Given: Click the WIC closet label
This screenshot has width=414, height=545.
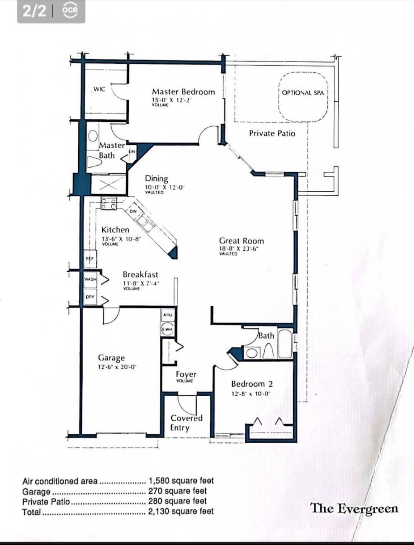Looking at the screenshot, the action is tap(99, 89).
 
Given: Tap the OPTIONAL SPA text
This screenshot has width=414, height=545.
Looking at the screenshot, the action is tap(303, 93).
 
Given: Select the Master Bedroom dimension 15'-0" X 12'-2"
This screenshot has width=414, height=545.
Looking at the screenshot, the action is tap(172, 100).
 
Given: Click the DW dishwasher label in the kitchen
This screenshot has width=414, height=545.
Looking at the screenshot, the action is tap(133, 211).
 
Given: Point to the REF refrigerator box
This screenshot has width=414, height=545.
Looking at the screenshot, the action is tap(90, 259).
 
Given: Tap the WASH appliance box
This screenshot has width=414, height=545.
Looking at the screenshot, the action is tap(90, 279).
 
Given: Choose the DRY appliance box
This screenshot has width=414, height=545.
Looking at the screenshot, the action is tap(90, 297).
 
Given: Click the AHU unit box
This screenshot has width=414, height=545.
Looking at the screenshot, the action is tap(167, 315).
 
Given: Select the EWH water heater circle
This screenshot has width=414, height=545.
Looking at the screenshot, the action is tap(167, 329).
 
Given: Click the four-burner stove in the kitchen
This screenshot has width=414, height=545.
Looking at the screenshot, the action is tap(108, 203).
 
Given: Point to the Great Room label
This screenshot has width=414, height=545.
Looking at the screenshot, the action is tap(242, 241).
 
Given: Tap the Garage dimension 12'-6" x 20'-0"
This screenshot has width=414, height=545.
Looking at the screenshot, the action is tap(118, 367).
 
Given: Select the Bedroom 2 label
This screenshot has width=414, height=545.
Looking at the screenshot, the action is tap(252, 384).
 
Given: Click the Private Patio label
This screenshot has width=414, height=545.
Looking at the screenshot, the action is tap(272, 133).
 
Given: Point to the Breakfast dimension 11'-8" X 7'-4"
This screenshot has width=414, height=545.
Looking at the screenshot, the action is tap(141, 283).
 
